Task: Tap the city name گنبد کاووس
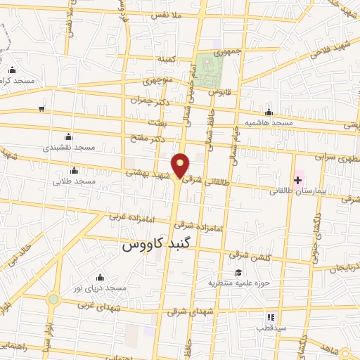(162, 245)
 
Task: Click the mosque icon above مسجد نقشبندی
(67, 136)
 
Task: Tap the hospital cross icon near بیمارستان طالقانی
(297, 181)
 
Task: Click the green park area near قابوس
(210, 69)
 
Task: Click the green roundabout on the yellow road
(53, 299)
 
